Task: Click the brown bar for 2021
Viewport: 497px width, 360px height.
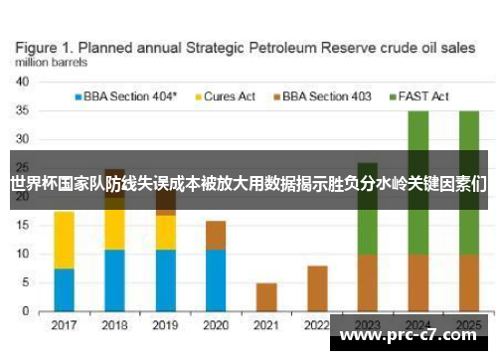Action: (266, 297)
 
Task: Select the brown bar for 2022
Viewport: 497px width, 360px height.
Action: (318, 288)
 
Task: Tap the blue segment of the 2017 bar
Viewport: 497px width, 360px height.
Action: (65, 289)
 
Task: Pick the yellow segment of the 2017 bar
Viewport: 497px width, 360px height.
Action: (65, 240)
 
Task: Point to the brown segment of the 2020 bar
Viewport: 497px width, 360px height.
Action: (216, 236)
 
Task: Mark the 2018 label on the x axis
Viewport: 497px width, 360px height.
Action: (115, 325)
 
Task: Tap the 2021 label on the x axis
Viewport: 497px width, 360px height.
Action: (266, 325)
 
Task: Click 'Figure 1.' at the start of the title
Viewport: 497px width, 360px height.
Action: (49, 46)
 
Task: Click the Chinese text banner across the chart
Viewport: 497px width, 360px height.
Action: (248, 182)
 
